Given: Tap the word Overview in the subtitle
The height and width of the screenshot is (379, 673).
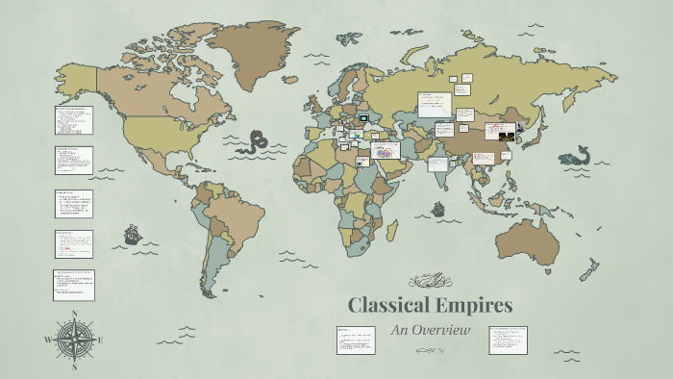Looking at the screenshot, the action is pos(443,330).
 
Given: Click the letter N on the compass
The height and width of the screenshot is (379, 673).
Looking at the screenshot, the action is pos(74,314).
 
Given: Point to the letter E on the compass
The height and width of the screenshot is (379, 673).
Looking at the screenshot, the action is pos(100,340).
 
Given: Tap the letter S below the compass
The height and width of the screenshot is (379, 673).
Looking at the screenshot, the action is pos(74,366).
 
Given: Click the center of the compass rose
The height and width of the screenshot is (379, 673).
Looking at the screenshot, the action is pos(74,340).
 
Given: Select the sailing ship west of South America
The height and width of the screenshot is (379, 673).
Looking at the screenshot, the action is pos(131,234).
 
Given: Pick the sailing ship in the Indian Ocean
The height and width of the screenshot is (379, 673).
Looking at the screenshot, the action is pos(438,208).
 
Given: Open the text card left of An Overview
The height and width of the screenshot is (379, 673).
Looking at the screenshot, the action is pos(354,340).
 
